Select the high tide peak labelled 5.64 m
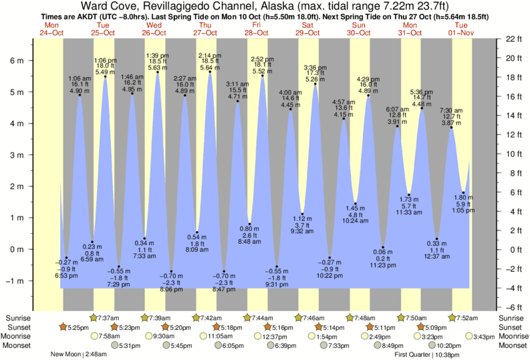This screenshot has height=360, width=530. pos(210,72)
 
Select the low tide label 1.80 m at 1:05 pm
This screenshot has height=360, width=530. pos(463,204)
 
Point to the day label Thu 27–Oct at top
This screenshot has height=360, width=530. pos(205,29)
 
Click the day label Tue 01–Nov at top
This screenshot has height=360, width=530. pos(461,29)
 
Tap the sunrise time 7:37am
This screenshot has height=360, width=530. pos(109,317)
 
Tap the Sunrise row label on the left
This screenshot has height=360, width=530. pos(18,317)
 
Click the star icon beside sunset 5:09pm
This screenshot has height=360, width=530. pos(421,327)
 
